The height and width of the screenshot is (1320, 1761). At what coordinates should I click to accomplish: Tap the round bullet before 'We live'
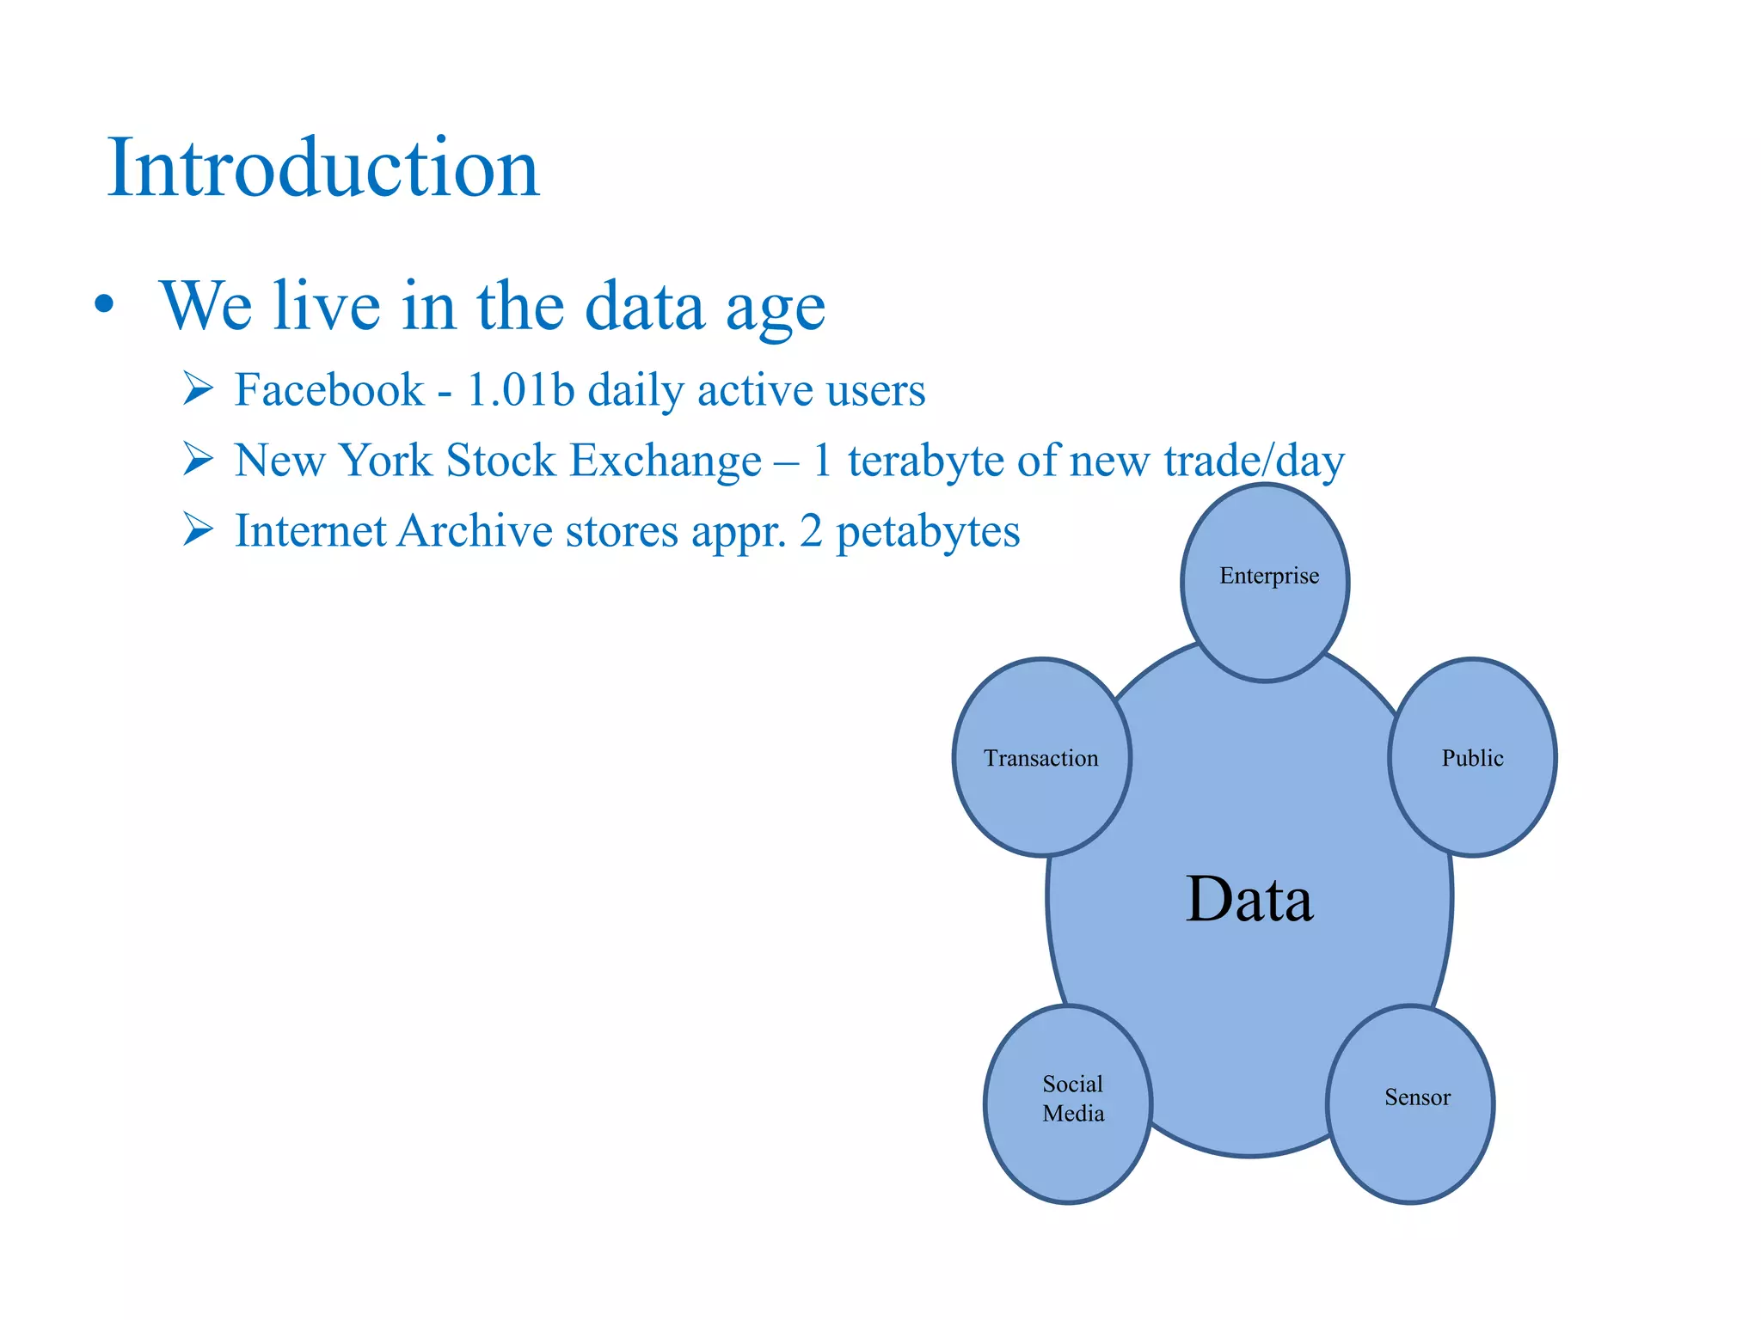pyautogui.click(x=104, y=305)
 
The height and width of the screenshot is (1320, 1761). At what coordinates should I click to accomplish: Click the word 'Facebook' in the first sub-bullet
pyautogui.click(x=329, y=390)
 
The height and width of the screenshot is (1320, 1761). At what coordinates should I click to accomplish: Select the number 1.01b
pyautogui.click(x=520, y=390)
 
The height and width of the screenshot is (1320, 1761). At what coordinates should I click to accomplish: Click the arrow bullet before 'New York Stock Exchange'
pyautogui.click(x=198, y=460)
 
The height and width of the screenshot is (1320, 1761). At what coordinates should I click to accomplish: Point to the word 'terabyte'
pyautogui.click(x=925, y=461)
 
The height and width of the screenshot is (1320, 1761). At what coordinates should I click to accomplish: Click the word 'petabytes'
pyautogui.click(x=928, y=532)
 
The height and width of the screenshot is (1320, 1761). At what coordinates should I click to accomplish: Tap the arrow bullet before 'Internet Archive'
pyautogui.click(x=198, y=530)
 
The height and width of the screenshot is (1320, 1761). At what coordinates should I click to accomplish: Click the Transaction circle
pyautogui.click(x=1041, y=758)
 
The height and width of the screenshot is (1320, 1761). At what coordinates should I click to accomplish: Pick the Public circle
pyautogui.click(x=1472, y=758)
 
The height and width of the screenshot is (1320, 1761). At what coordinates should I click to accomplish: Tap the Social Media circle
pyautogui.click(x=1068, y=1103)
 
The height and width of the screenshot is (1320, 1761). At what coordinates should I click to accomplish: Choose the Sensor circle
pyautogui.click(x=1410, y=1103)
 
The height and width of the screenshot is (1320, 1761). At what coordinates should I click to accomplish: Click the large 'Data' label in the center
pyautogui.click(x=1249, y=900)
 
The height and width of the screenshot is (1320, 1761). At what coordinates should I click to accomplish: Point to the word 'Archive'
pyautogui.click(x=475, y=531)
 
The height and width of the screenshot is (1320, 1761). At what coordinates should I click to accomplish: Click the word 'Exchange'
pyautogui.click(x=666, y=461)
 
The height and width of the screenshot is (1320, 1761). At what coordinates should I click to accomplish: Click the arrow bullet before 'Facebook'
pyautogui.click(x=198, y=389)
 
